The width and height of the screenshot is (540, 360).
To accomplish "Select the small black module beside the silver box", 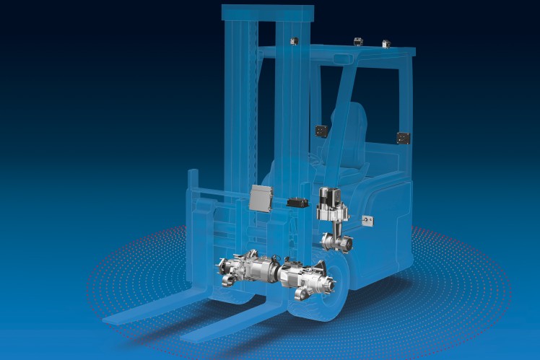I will point(295,203).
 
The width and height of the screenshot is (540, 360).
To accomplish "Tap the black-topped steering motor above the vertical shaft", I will point(332,201).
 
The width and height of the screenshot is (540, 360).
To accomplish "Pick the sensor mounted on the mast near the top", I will point(294,40).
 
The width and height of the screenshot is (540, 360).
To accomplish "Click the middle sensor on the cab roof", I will point(357,42).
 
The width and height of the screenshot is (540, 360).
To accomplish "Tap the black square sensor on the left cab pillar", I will point(319,131).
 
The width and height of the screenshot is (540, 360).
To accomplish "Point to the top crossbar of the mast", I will point(268,13).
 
